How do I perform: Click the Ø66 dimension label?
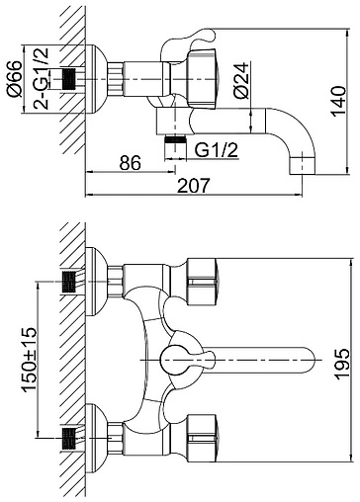click(x=16, y=79)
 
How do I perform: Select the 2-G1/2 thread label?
click(x=42, y=79)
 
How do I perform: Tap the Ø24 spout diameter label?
click(x=241, y=80)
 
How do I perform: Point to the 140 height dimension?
click(x=338, y=101)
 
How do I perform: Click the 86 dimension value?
click(x=131, y=162)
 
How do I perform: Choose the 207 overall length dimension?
click(x=194, y=186)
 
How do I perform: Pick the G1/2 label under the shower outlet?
click(x=217, y=150)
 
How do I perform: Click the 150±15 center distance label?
click(x=30, y=360)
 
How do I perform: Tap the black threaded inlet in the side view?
click(x=69, y=79)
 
